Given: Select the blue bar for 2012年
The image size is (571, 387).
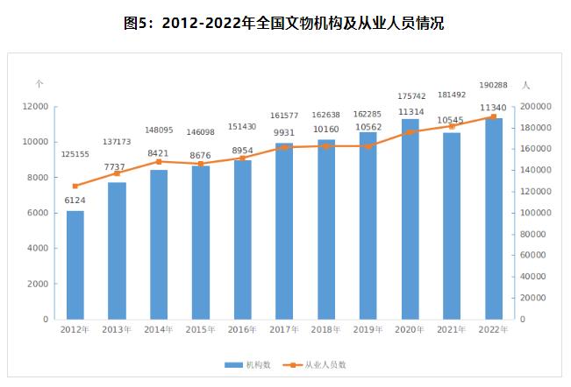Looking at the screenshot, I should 75,264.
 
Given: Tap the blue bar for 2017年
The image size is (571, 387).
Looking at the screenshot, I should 284,231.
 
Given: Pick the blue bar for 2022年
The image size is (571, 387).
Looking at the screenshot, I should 494,219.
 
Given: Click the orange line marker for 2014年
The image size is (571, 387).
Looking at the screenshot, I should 159,162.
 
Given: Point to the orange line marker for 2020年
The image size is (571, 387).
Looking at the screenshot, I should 410,132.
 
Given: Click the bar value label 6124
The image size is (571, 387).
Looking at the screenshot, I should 75,201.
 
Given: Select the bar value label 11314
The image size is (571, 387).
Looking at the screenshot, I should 410,111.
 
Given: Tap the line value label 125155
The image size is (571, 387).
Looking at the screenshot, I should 75,154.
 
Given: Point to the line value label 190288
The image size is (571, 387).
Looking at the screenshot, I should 492,86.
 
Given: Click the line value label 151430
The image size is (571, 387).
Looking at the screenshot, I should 243,126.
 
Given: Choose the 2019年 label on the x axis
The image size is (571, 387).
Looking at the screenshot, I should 368,330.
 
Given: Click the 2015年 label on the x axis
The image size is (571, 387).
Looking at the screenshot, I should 201,330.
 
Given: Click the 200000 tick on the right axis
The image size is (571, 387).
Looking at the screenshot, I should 534,106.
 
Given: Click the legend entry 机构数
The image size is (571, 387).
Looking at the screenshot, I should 247,364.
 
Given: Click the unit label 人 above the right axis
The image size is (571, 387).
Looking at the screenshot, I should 525,85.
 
